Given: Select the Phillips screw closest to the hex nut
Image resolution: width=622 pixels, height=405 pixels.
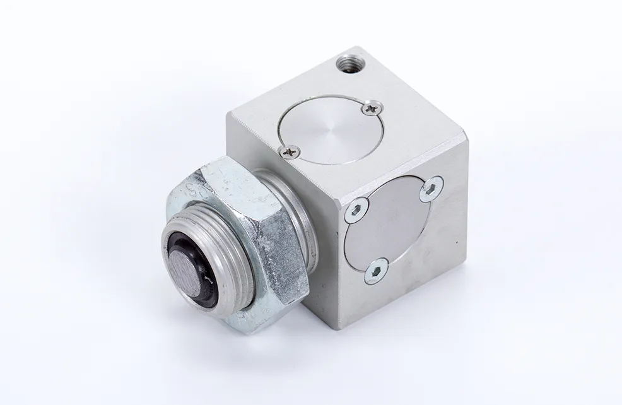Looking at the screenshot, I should click(290, 150).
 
